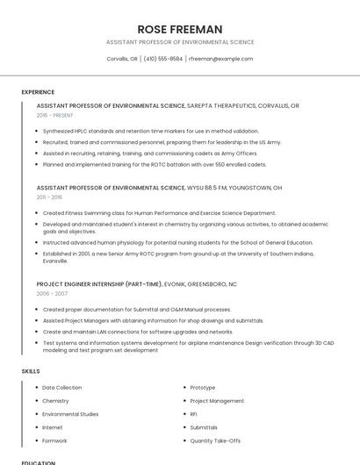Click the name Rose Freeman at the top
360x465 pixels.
179,29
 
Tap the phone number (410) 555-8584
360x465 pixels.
162,59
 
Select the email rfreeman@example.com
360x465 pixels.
221,59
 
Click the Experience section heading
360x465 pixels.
38,92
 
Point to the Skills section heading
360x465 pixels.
31,371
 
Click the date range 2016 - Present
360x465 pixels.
54,115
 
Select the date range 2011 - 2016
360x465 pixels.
49,197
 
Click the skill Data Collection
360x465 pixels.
61,387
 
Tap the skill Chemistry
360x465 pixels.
55,400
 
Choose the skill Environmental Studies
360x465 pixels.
70,413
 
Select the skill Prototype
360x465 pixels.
202,387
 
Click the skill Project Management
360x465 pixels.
217,400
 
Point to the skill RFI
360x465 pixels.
193,413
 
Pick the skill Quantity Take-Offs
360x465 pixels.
215,440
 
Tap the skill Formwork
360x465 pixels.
54,440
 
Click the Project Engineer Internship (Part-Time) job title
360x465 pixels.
99,284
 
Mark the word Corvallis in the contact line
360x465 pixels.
121,59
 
